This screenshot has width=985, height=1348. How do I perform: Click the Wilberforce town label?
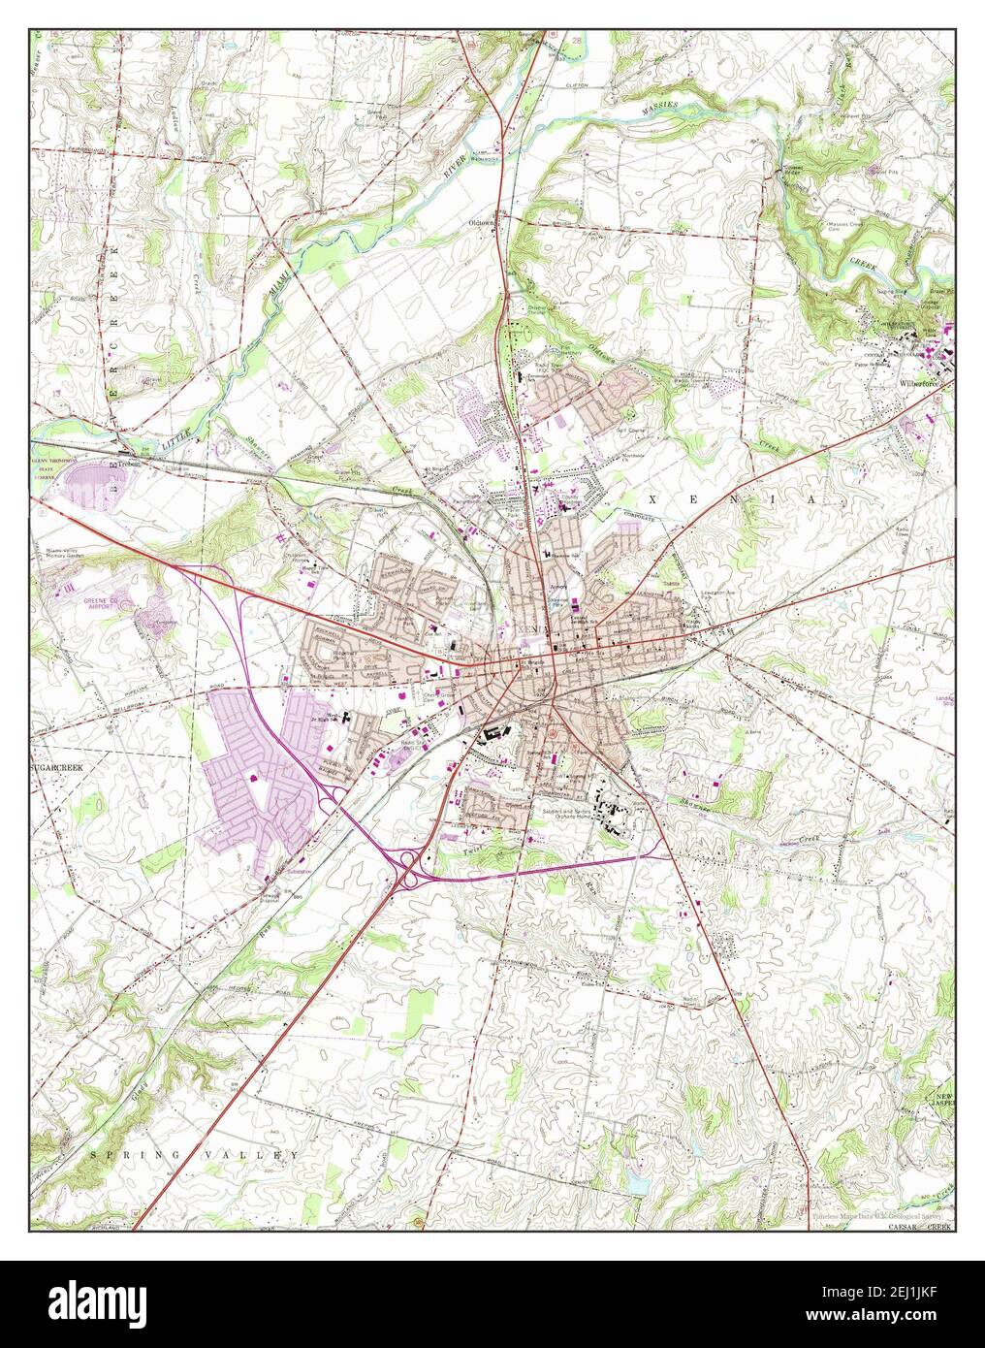click(915, 383)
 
